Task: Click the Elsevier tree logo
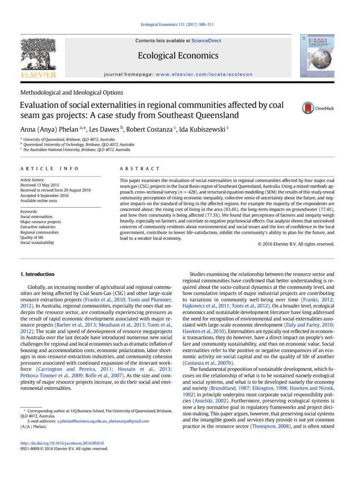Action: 38,55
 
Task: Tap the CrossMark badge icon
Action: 308,107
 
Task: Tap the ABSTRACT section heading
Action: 140,168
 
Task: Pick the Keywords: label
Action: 29,211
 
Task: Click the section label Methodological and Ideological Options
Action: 72,92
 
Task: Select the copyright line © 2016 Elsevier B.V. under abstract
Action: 296,244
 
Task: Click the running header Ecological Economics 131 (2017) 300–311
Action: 180,24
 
